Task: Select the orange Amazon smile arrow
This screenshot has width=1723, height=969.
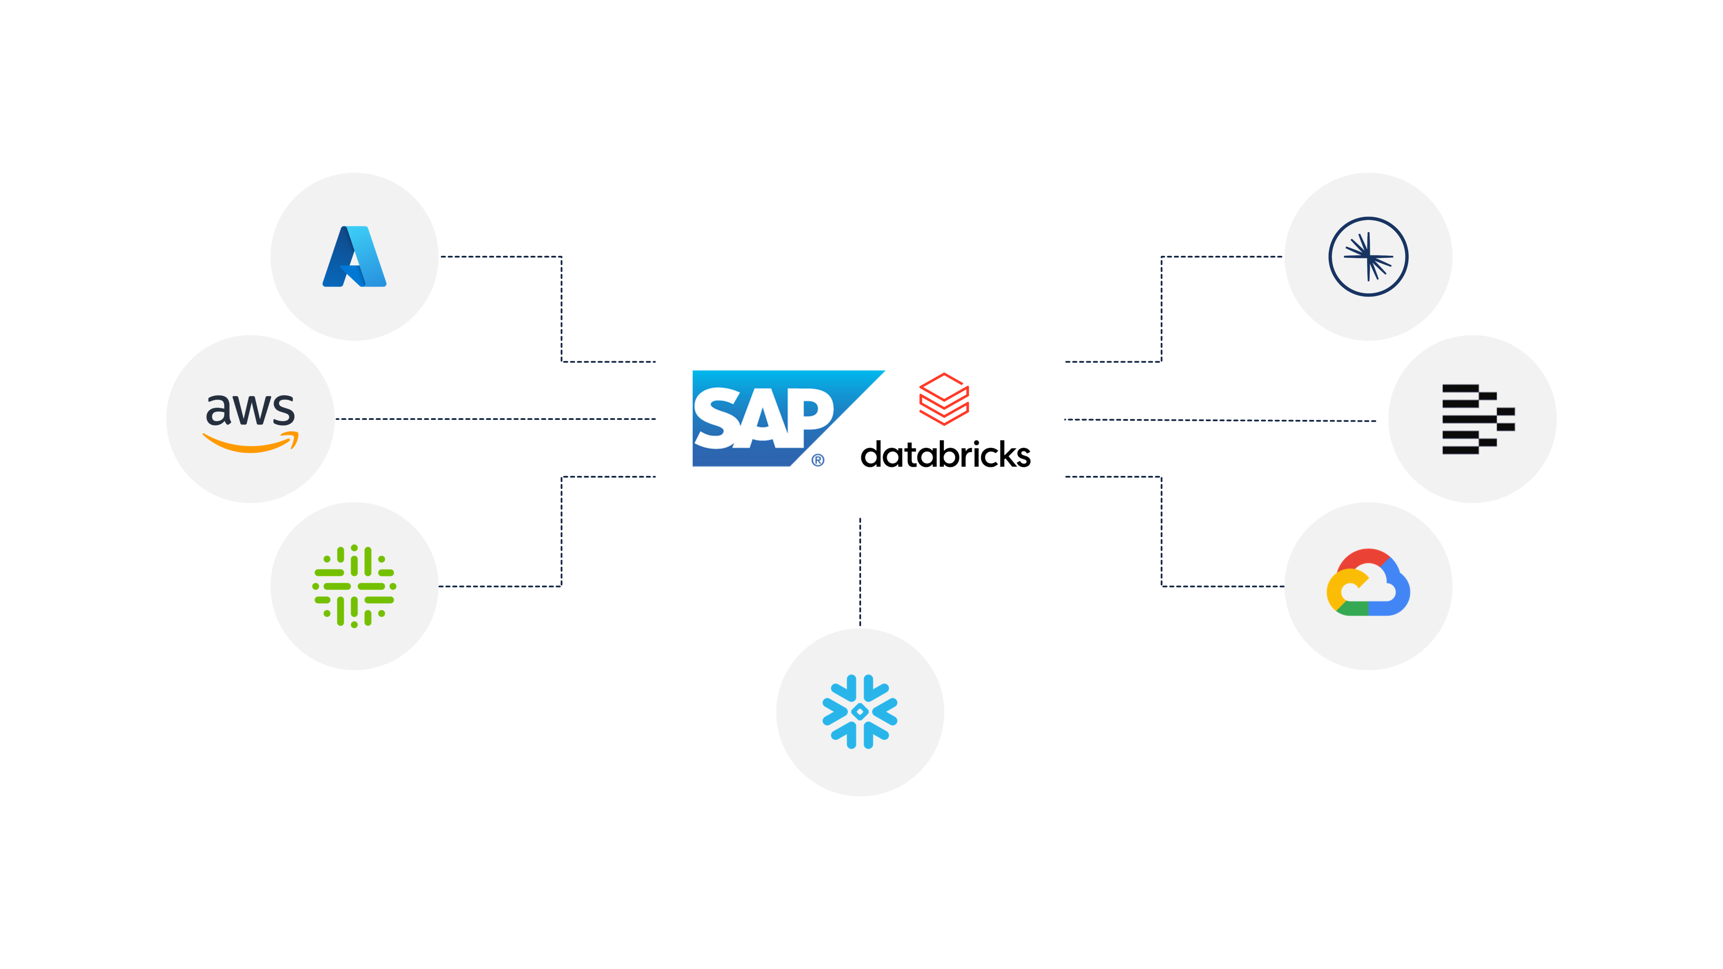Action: [250, 443]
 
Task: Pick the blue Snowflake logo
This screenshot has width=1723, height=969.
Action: [859, 711]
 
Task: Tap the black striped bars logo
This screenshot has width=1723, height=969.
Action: [1477, 419]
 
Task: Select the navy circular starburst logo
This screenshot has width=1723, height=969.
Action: [1368, 257]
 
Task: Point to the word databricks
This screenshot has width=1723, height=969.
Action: [945, 455]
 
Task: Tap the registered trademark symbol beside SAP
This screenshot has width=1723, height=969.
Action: [818, 460]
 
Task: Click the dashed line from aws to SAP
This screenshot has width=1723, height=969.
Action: [495, 419]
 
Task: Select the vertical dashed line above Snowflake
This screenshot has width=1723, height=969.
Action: [860, 572]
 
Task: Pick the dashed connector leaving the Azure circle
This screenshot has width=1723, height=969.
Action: [502, 257]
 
